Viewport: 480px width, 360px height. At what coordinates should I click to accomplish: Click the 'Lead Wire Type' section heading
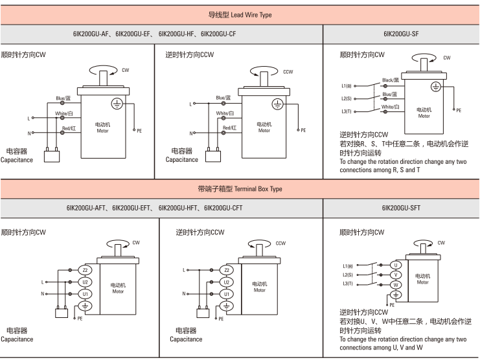pos(251,15)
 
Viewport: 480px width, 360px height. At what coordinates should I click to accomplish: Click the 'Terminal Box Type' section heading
pos(258,188)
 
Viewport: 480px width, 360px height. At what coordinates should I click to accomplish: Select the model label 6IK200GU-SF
pos(401,34)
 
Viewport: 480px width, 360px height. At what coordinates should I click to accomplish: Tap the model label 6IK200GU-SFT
pos(401,208)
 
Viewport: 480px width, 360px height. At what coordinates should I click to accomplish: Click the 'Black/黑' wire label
pos(391,80)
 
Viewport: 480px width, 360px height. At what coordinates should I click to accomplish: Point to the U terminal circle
pos(396,265)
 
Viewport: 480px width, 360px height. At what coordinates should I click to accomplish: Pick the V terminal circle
pos(396,275)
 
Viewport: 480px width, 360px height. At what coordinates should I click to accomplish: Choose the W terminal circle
pos(396,285)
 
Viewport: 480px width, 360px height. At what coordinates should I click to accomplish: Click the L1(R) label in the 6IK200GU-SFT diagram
pos(348,266)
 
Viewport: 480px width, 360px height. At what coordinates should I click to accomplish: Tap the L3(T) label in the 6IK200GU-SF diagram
pos(347,111)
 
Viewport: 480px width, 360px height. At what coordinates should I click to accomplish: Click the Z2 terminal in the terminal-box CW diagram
pos(85,270)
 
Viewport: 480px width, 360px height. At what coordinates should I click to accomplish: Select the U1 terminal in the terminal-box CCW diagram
pos(227,294)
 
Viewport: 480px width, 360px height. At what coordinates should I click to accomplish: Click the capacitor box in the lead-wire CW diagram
pos(52,156)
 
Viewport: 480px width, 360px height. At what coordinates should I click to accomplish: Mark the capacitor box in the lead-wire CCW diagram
pos(212,156)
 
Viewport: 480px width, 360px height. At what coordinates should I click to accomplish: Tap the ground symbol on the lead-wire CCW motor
pos(277,104)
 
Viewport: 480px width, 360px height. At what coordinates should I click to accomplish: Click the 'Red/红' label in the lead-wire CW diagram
pos(69,128)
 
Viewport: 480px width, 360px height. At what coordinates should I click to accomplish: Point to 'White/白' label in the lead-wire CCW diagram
pos(225,113)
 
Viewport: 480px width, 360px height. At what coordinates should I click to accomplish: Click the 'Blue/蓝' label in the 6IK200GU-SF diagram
pos(390,94)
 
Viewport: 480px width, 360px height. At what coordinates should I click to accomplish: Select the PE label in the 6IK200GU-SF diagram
pos(459,111)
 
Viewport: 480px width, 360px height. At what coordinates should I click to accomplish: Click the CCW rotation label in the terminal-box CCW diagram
pos(280,243)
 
